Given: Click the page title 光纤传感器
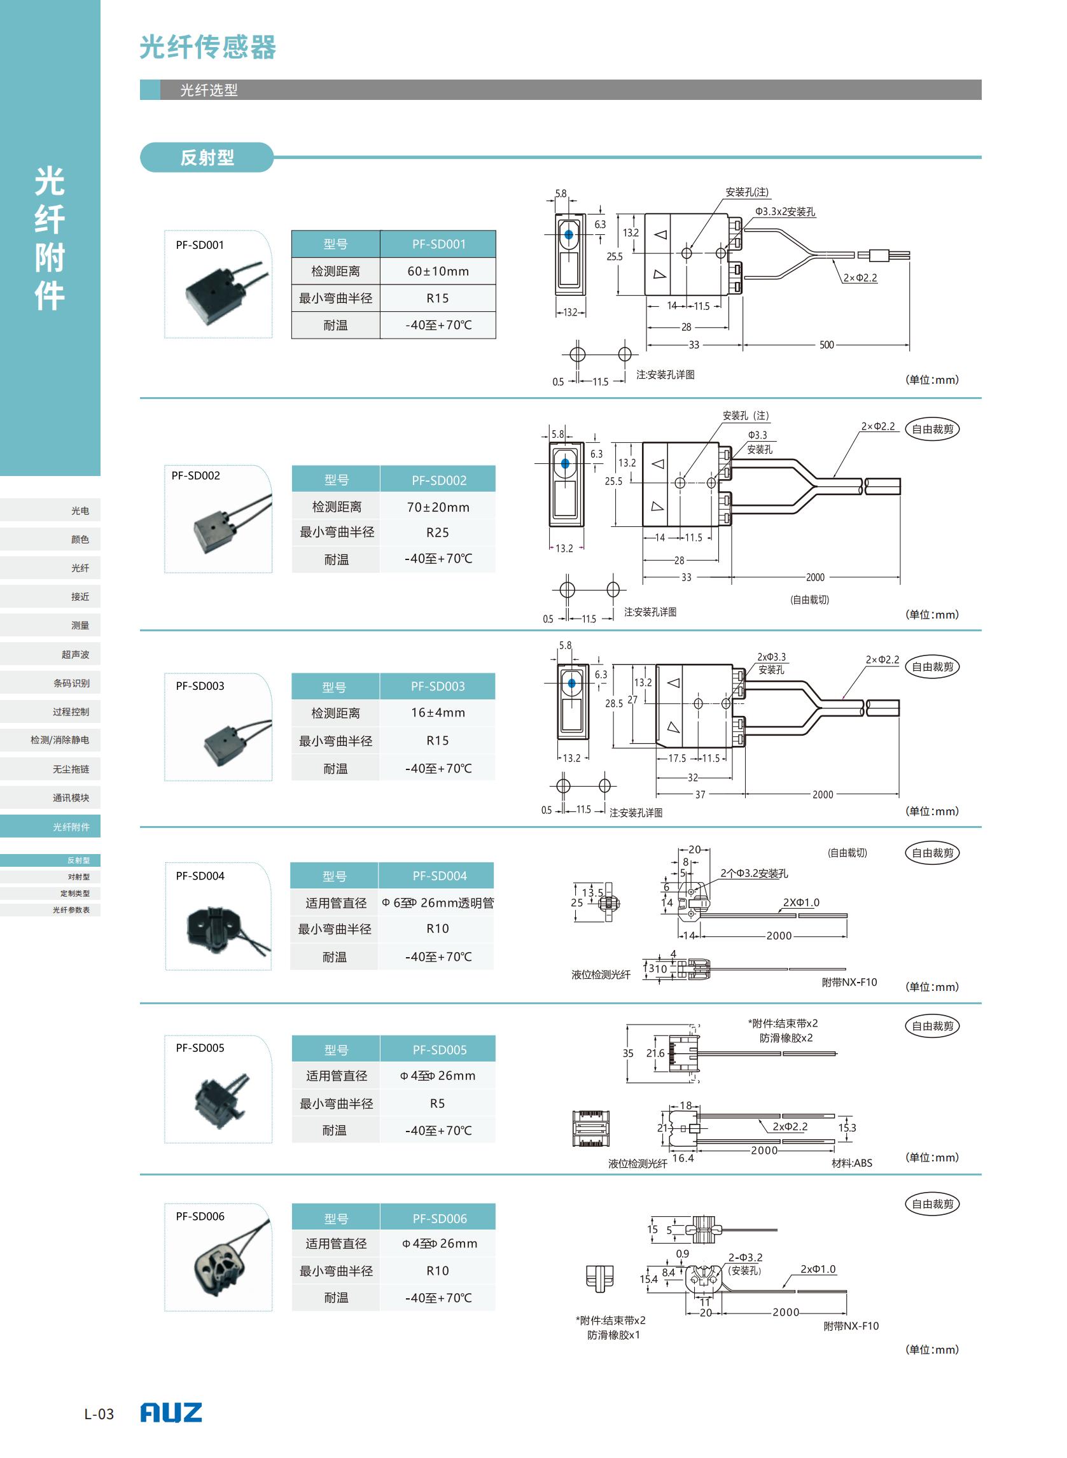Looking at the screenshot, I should pyautogui.click(x=208, y=47).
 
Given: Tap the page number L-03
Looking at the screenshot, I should pyautogui.click(x=99, y=1414).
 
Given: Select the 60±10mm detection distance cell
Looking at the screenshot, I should pyautogui.click(x=438, y=271).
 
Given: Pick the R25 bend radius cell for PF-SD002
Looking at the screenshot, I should pyautogui.click(x=437, y=532).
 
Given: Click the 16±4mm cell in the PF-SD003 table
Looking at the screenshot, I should pyautogui.click(x=437, y=713).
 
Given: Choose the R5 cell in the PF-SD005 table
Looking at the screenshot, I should pyautogui.click(x=437, y=1104).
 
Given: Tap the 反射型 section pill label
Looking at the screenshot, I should pyautogui.click(x=207, y=158).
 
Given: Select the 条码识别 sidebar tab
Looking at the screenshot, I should pyautogui.click(x=71, y=683).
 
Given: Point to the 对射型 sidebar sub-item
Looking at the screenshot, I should pyautogui.click(x=79, y=876).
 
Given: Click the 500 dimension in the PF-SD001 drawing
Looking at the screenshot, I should pyautogui.click(x=826, y=345).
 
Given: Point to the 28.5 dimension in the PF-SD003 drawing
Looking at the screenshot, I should pyautogui.click(x=613, y=703).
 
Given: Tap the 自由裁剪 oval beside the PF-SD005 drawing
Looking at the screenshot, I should pyautogui.click(x=932, y=1026).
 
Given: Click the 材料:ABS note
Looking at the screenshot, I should pyautogui.click(x=852, y=1163).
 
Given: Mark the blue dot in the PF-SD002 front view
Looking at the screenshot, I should pyautogui.click(x=565, y=463).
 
